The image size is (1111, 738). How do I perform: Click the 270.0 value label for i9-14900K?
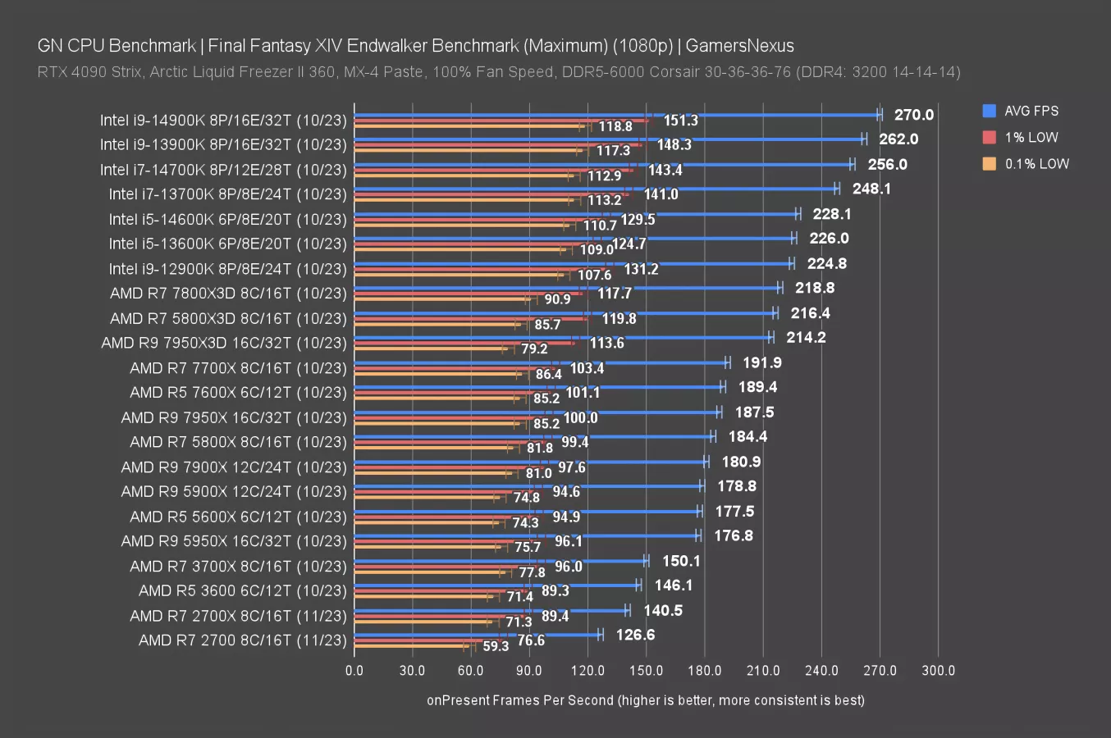coord(913,115)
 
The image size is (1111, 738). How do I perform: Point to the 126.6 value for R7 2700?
coord(635,635)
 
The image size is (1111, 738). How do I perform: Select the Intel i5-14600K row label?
coord(227,219)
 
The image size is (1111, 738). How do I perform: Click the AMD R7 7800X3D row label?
coord(228,294)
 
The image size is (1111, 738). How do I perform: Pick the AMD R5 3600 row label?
coord(242,590)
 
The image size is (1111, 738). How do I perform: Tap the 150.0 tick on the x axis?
coord(646,670)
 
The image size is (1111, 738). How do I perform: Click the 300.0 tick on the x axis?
coord(938,670)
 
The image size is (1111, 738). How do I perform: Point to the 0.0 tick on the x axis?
coord(354,670)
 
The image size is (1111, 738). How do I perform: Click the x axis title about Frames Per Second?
coord(645,700)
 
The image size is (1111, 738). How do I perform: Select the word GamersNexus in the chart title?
coord(739,46)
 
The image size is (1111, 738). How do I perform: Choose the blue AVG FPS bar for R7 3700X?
coord(501,561)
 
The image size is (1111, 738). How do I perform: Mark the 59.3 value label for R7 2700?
coord(496,646)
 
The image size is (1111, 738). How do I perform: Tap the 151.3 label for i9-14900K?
coord(680,121)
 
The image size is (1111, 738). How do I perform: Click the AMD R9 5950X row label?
coord(234,541)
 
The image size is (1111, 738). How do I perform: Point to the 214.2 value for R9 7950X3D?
coord(806,337)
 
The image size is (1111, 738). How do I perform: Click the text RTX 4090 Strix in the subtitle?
coord(89,72)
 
